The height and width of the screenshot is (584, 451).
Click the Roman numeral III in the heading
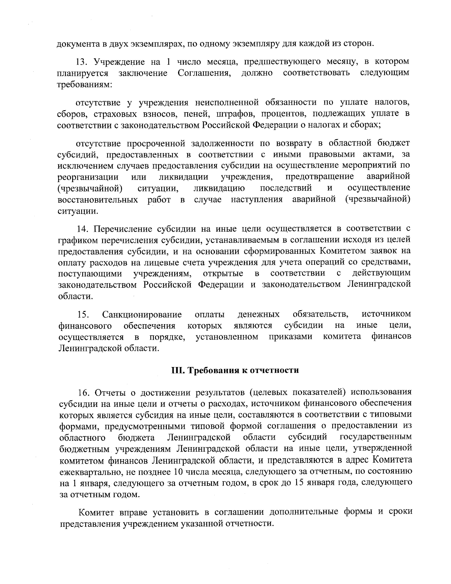(x=177, y=371)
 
